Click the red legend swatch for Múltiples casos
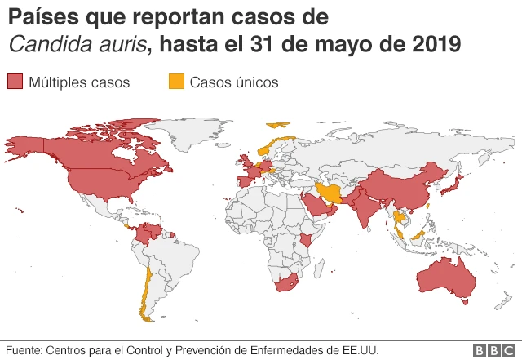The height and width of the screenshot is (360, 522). click(x=15, y=82)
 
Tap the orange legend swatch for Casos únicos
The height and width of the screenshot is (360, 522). click(x=175, y=82)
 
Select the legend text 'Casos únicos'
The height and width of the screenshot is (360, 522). click(x=234, y=82)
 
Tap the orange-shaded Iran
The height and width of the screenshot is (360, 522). click(x=330, y=193)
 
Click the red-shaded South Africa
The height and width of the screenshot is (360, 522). click(x=286, y=284)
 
